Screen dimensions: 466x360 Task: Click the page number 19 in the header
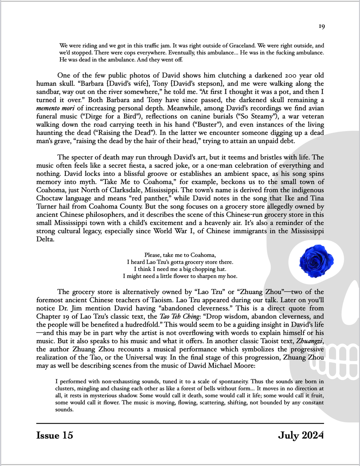(322, 26)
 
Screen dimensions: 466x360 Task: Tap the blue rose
(316, 261)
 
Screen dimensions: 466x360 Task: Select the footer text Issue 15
(55, 435)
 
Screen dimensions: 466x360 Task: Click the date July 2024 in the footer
(301, 435)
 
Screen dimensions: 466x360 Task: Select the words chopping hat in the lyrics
(211, 269)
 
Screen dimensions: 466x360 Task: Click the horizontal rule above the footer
(180, 423)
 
